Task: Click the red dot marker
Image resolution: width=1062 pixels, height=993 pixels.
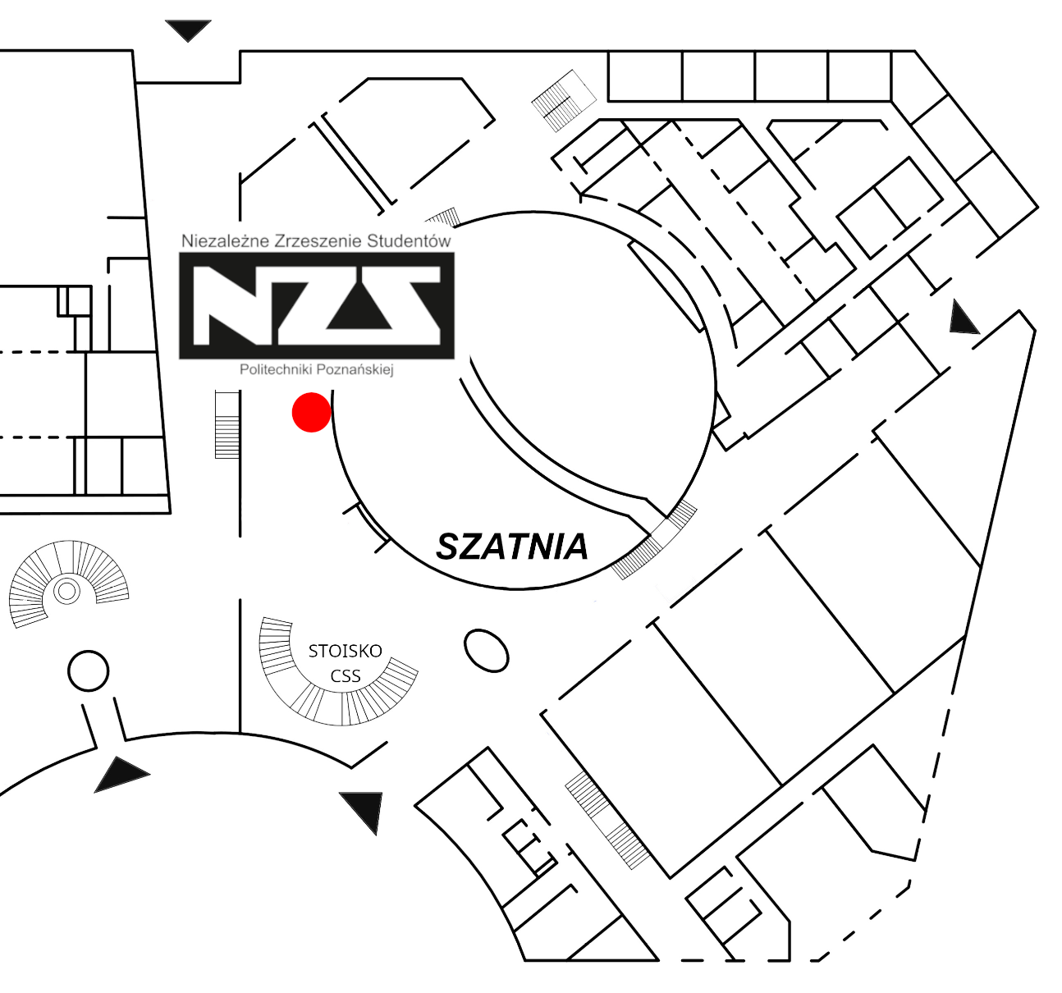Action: coord(312,412)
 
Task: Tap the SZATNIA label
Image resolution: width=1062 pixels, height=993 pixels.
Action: coord(512,547)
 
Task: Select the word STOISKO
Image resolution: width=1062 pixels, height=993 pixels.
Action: coord(345,651)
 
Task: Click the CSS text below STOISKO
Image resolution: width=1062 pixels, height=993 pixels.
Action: coord(346,676)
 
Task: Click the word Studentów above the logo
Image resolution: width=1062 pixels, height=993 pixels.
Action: coord(409,241)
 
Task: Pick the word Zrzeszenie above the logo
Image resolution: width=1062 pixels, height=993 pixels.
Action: coord(316,241)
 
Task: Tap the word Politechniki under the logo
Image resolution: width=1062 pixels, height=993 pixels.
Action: coord(276,369)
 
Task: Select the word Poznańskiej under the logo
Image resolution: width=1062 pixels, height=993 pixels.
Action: coord(355,369)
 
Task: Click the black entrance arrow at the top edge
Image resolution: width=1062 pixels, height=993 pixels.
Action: coord(189,30)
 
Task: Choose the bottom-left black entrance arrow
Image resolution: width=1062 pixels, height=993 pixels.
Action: coord(120,774)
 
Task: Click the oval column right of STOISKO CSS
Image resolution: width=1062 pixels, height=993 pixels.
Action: coord(486,651)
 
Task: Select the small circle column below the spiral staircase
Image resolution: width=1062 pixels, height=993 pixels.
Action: coord(88,671)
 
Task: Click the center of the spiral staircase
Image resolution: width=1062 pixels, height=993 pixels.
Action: coord(66,590)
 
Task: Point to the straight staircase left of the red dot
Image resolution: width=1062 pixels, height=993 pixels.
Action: coord(227,424)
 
